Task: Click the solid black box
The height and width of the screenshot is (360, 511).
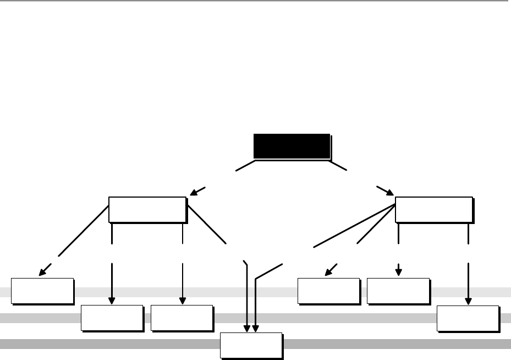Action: tap(292, 146)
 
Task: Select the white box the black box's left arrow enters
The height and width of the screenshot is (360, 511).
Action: tap(147, 209)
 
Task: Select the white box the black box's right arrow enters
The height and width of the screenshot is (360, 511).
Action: tap(433, 209)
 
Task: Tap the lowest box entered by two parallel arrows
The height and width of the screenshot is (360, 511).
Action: tap(251, 345)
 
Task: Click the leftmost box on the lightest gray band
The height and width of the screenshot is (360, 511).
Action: tap(42, 291)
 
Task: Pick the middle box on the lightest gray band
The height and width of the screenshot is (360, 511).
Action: tap(328, 291)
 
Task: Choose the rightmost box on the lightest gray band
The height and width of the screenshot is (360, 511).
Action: tap(398, 291)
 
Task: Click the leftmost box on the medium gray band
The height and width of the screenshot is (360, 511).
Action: tap(112, 318)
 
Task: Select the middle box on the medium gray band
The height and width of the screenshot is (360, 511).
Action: tap(182, 318)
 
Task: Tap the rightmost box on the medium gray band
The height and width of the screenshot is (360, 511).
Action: tap(468, 318)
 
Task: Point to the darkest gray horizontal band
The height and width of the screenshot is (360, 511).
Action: tap(110, 344)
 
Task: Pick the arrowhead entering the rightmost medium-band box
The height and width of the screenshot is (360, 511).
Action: tap(468, 301)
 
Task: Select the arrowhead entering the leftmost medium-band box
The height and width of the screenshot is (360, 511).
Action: tap(112, 301)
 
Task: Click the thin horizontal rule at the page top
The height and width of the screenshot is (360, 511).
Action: tap(255, 1)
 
